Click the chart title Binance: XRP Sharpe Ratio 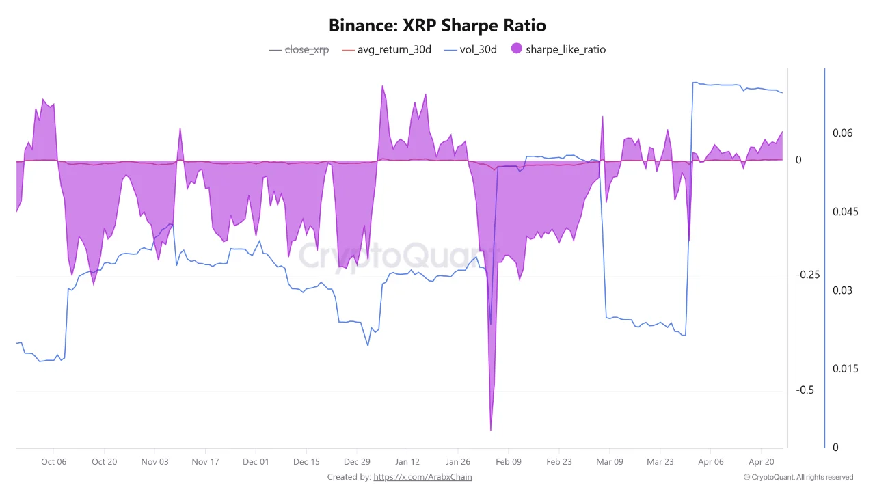coord(437,25)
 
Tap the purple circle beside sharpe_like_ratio coord(517,49)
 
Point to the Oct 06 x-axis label coord(53,462)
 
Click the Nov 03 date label coord(154,462)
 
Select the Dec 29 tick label coord(357,462)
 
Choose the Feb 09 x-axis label coord(508,462)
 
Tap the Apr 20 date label coord(761,462)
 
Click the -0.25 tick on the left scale coord(808,275)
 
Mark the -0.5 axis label coord(805,390)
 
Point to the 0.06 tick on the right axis coord(842,133)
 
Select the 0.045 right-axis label coord(845,212)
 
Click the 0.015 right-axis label coord(845,369)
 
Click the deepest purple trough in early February coord(491,429)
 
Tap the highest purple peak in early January coord(382,87)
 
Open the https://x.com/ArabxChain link coord(422,477)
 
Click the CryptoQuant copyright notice coord(798,477)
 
